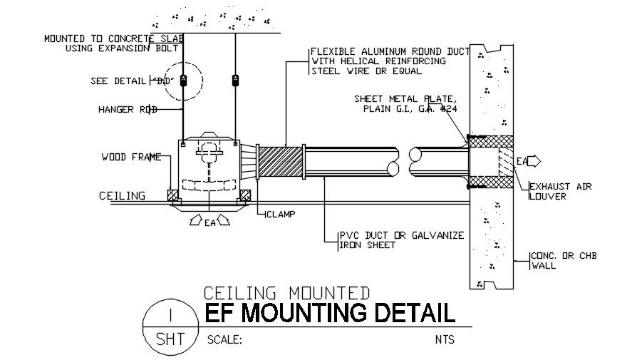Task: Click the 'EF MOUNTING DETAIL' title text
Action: tap(328, 313)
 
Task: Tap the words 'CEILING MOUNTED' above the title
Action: tap(286, 292)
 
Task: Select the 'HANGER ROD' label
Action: tap(128, 109)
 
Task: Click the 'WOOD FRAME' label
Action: tap(131, 157)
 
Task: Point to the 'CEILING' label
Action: tap(122, 195)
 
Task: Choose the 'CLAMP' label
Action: tap(282, 214)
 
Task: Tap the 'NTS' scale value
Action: tap(444, 339)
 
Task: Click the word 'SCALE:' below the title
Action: tap(224, 339)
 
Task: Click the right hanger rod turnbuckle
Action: tap(234, 80)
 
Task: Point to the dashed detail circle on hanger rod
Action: tap(183, 80)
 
